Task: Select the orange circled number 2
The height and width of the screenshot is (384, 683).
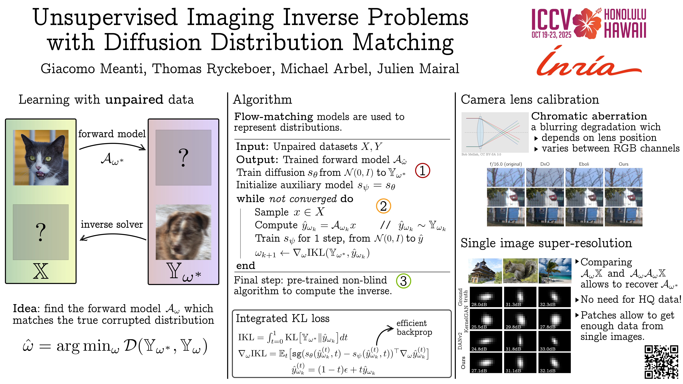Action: click(x=383, y=206)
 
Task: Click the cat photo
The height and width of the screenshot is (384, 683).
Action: click(x=41, y=157)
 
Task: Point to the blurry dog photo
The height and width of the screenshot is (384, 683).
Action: click(x=183, y=232)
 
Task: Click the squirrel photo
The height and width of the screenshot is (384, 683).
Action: click(x=520, y=271)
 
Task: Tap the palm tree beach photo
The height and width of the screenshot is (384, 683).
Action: click(x=555, y=271)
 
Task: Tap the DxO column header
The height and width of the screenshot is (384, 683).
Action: click(x=545, y=164)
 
